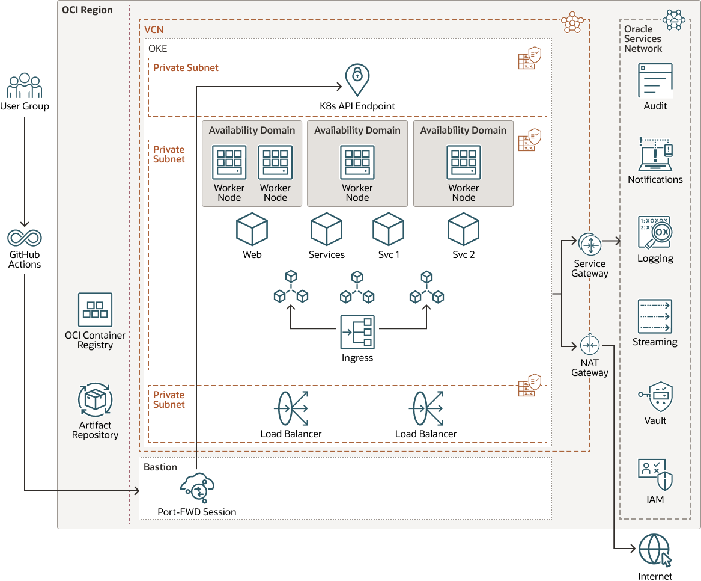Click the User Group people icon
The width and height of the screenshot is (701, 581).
tap(24, 86)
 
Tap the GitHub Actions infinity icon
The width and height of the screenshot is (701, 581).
tap(25, 238)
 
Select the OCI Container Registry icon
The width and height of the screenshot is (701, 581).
tap(95, 310)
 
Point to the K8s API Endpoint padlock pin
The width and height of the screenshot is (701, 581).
tap(357, 80)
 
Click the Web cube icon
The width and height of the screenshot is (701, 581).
tap(252, 229)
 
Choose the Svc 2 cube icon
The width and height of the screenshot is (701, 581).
tap(463, 229)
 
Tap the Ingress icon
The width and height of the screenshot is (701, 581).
tap(357, 332)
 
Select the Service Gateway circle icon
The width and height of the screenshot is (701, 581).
tap(590, 244)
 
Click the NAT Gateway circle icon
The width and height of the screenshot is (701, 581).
tap(590, 345)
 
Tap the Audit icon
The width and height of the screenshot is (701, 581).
tap(655, 81)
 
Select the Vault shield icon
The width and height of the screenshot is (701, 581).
tap(655, 396)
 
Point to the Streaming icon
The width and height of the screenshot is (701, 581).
tap(655, 316)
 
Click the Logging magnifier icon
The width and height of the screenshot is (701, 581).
tap(655, 233)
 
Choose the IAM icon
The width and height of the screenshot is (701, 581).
tap(655, 475)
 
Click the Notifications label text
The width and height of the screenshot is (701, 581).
tap(655, 179)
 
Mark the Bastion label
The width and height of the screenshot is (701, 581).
tap(160, 467)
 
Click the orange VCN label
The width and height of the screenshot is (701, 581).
tap(154, 29)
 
